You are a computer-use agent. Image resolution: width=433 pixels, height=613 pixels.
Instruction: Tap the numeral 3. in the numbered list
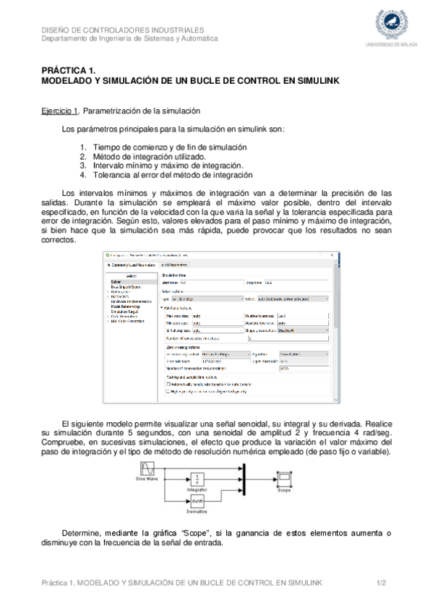coord(83,165)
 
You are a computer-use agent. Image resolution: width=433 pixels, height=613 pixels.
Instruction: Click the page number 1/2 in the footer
coord(383,582)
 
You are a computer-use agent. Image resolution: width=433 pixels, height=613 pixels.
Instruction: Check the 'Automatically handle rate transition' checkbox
coord(170,384)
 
